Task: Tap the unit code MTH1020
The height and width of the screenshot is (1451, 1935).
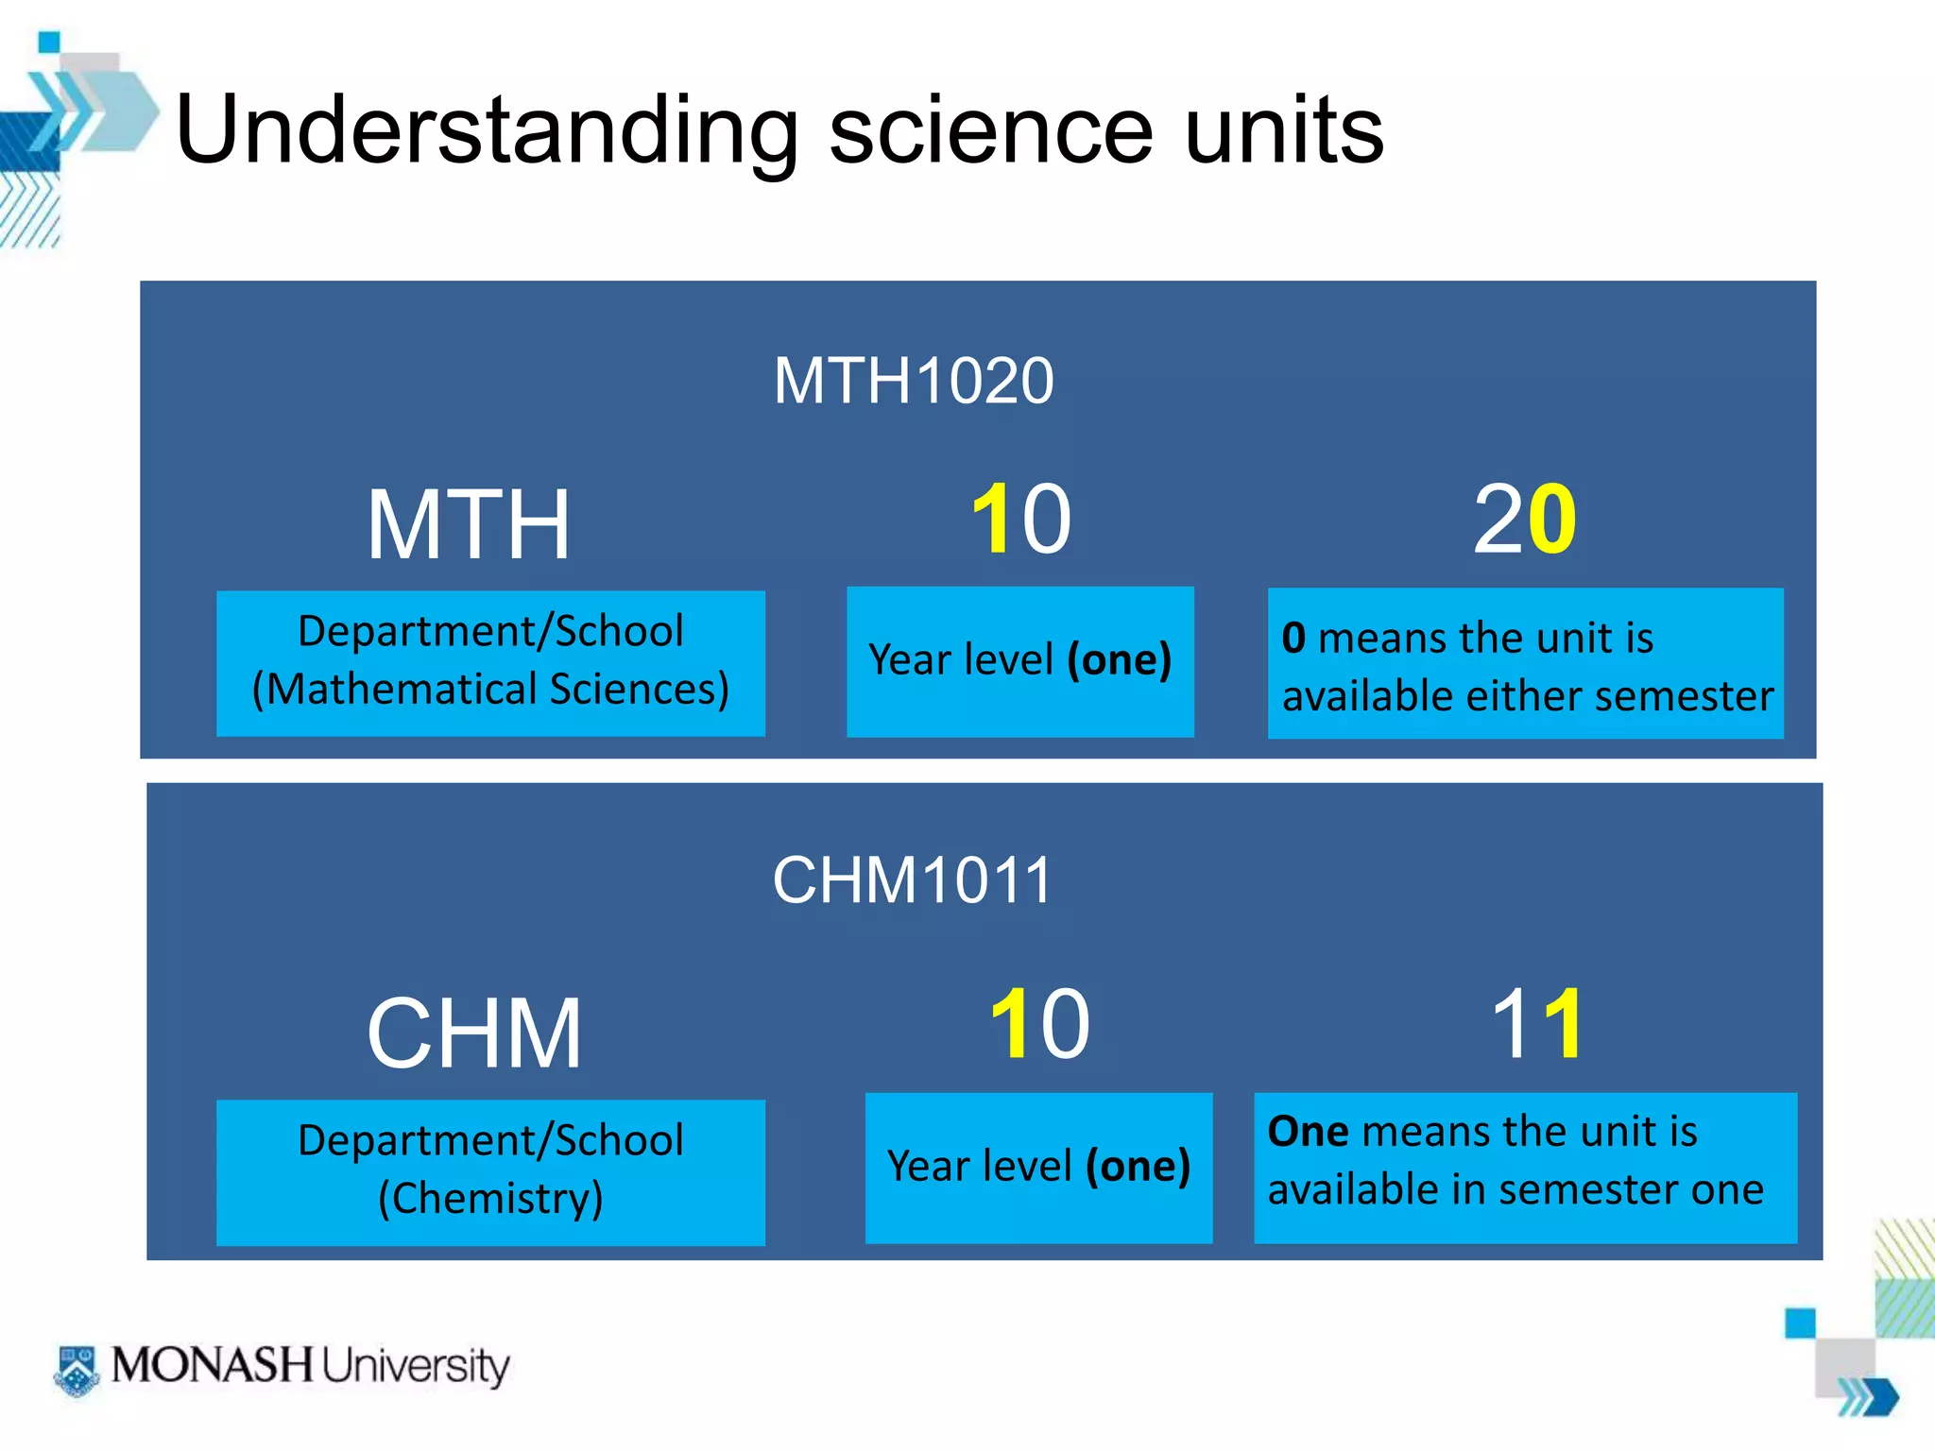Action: pyautogui.click(x=913, y=381)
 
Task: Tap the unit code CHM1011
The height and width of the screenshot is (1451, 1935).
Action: pyautogui.click(x=912, y=880)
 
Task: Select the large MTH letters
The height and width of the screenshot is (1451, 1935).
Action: pyautogui.click(x=469, y=525)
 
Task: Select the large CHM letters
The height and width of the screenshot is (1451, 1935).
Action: pyautogui.click(x=473, y=1034)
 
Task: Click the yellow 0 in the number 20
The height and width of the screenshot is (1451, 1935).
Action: pyautogui.click(x=1551, y=520)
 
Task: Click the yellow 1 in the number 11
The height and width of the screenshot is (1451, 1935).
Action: pyautogui.click(x=1563, y=1024)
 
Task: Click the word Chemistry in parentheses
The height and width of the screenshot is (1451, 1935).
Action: pyautogui.click(x=490, y=1198)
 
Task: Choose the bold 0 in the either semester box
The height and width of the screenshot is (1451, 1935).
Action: pyautogui.click(x=1293, y=639)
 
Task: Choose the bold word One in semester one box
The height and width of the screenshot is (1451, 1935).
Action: pyautogui.click(x=1308, y=1132)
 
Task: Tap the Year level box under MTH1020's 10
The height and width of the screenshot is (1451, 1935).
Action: pyautogui.click(x=1019, y=660)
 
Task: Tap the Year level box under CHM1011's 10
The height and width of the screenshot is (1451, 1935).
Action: pyautogui.click(x=1038, y=1168)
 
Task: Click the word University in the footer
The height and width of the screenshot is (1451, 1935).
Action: pyautogui.click(x=415, y=1367)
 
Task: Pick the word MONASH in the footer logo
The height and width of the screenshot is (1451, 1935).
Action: pyautogui.click(x=212, y=1366)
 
